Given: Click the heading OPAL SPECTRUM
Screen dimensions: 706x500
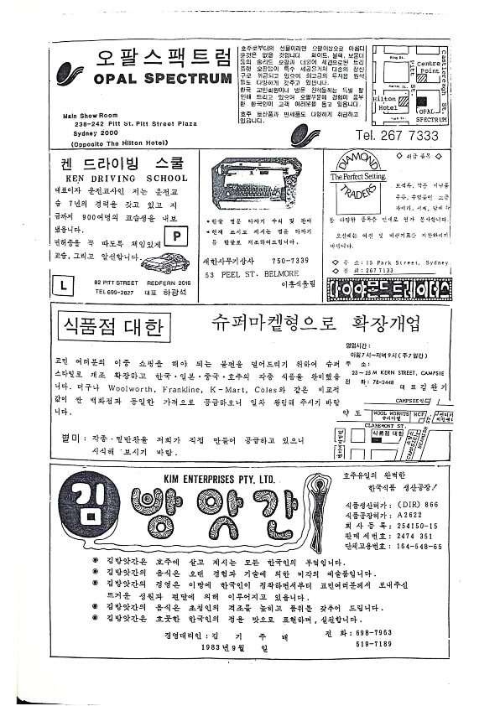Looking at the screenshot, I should tap(162, 79).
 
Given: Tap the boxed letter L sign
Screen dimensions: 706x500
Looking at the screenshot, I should tap(64, 287).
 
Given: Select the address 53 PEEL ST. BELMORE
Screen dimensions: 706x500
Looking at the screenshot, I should tap(253, 298).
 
